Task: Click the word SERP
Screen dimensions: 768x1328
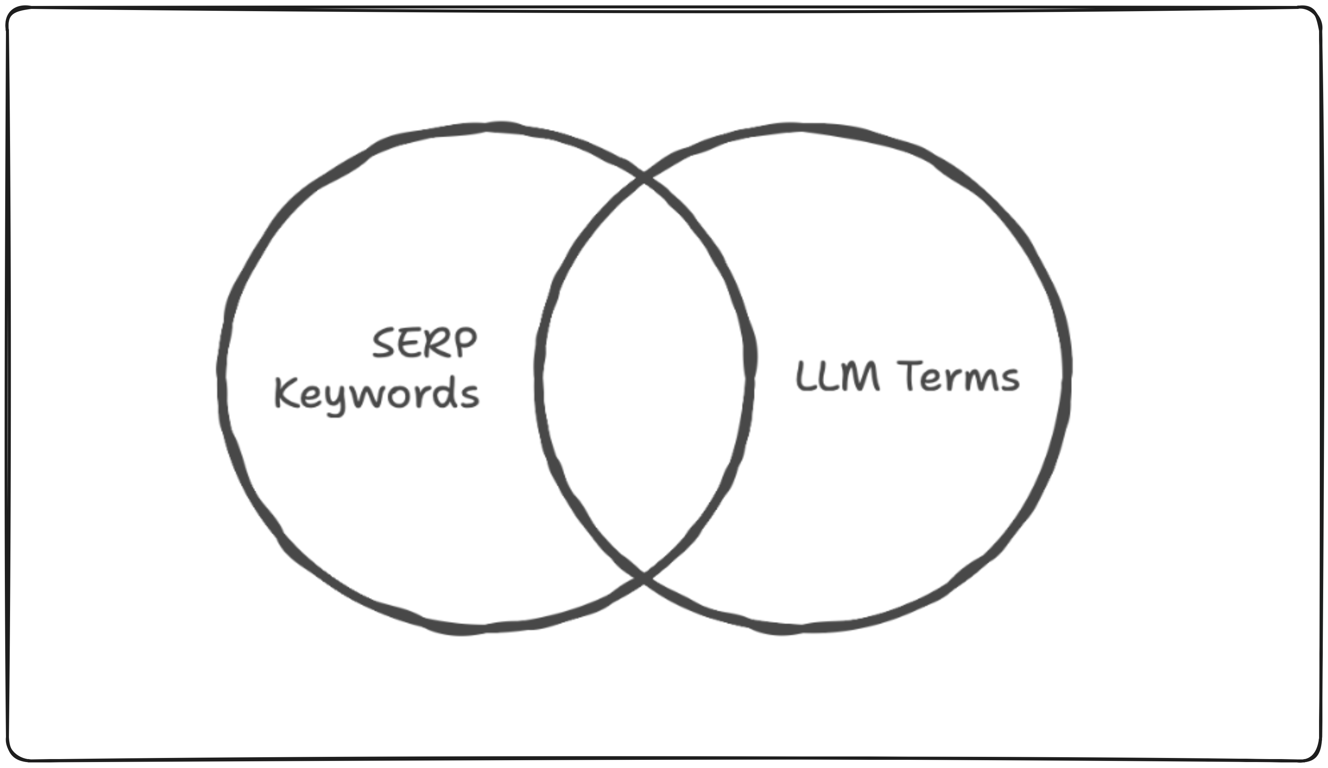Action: click(425, 343)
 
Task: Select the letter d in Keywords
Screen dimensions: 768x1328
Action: click(447, 391)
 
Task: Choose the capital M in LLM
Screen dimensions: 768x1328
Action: click(861, 376)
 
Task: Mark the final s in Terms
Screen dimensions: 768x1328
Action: click(1010, 380)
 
